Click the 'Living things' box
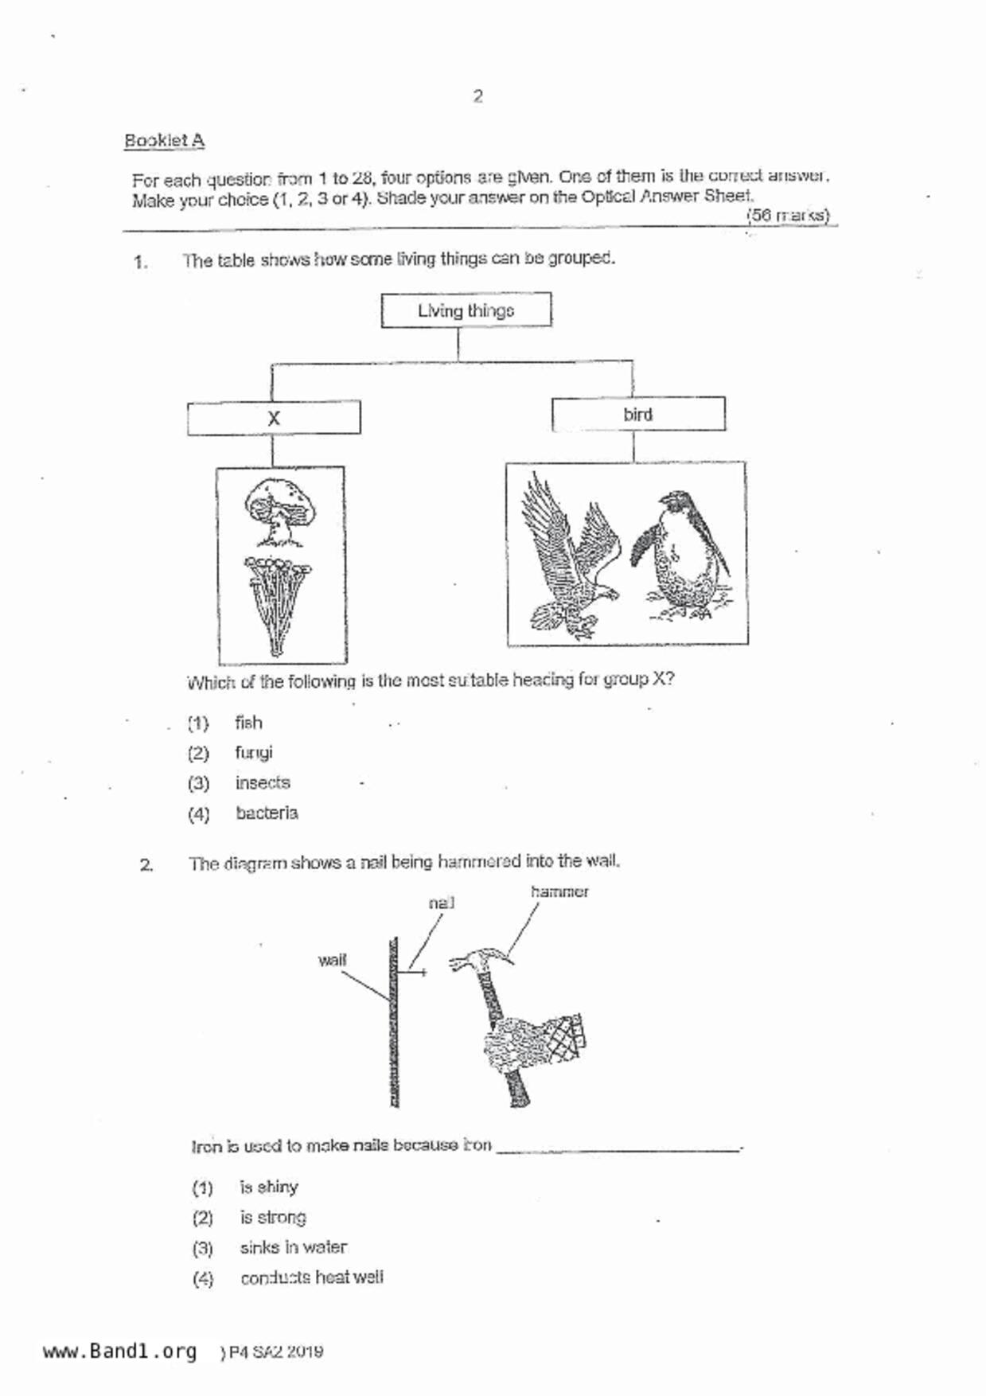466,310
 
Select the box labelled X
274,418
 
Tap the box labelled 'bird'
638,414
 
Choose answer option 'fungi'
254,752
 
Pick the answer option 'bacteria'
267,813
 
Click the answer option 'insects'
263,782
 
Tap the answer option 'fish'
248,723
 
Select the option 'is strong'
273,1217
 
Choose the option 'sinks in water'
293,1247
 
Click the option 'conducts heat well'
311,1277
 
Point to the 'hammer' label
559,892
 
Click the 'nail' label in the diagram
441,903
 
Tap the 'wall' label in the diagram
332,960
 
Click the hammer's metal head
481,961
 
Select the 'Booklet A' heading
164,141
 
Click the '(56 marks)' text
788,215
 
